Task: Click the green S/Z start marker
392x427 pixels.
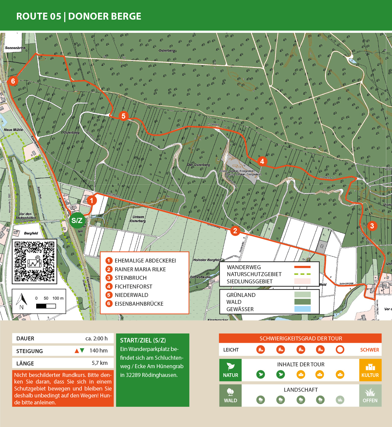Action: [x=77, y=221]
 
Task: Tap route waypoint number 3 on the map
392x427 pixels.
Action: [x=372, y=226]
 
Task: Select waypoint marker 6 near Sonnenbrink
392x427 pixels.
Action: [x=13, y=81]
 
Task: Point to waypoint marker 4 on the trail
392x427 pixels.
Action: [x=262, y=161]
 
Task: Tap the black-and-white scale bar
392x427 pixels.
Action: [x=46, y=306]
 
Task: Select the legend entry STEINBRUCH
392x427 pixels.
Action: [x=130, y=278]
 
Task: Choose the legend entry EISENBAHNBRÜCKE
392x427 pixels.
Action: [x=139, y=304]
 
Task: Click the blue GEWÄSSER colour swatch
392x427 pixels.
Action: [x=302, y=309]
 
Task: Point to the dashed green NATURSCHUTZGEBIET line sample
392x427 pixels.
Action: [x=302, y=274]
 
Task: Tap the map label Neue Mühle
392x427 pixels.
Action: [x=13, y=130]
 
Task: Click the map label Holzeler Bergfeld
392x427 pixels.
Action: [x=207, y=260]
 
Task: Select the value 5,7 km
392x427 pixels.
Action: [x=100, y=363]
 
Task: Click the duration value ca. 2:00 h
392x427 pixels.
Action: [x=96, y=338]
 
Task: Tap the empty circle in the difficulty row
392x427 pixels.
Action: [x=340, y=349]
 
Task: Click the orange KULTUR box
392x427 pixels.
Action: [x=370, y=370]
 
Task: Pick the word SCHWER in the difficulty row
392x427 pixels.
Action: [x=369, y=350]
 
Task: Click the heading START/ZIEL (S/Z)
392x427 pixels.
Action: [x=143, y=340]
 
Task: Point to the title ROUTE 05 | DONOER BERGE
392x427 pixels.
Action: [x=79, y=16]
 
